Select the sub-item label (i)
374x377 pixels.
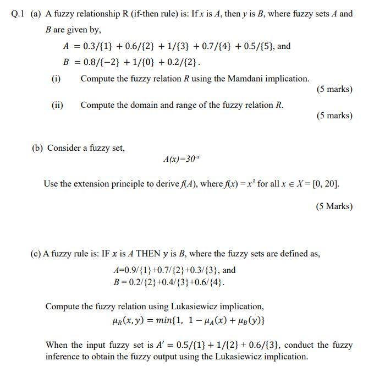click(56, 79)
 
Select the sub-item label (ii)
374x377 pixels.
click(57, 105)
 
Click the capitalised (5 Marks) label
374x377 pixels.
click(334, 206)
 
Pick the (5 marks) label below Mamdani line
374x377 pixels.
click(334, 89)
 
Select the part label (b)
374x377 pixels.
click(38, 148)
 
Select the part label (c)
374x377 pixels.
click(36, 254)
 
